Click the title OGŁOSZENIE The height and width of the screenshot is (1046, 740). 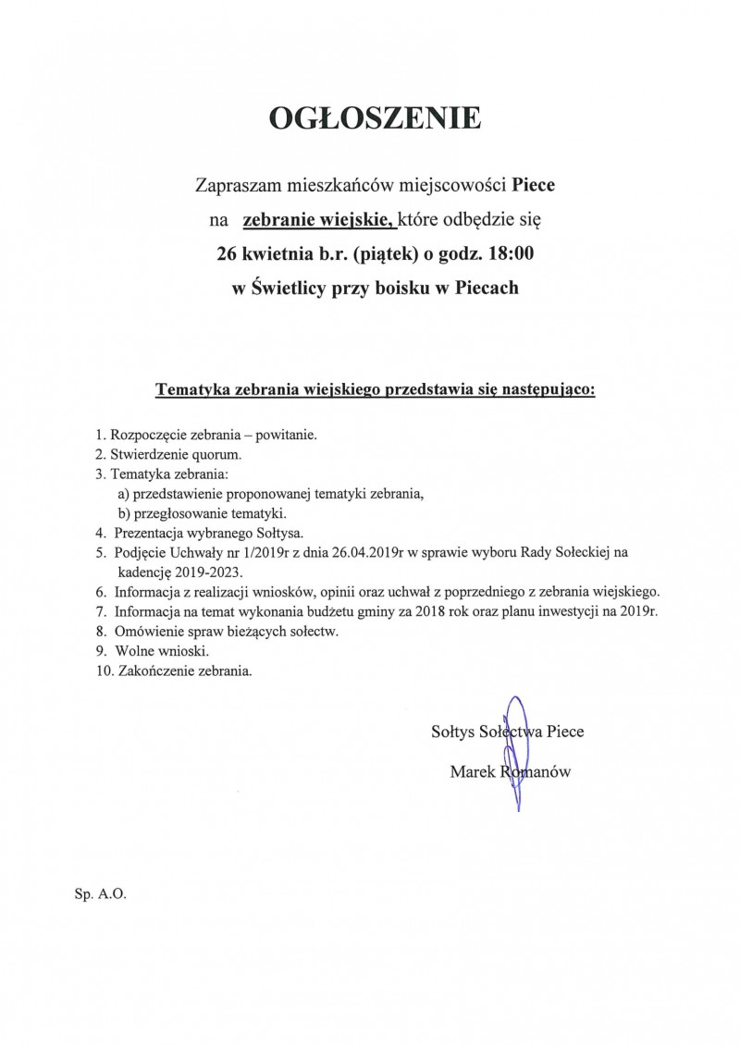375,119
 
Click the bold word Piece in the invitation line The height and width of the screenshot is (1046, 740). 534,185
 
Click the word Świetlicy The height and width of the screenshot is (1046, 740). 294,288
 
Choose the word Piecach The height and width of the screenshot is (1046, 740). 484,288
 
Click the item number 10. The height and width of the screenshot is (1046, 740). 103,671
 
